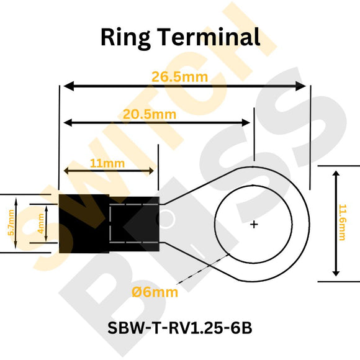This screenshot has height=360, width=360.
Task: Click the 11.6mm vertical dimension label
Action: point(342,223)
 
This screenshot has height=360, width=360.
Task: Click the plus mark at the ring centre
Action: point(254,224)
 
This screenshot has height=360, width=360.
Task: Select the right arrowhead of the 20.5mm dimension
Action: point(250,122)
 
